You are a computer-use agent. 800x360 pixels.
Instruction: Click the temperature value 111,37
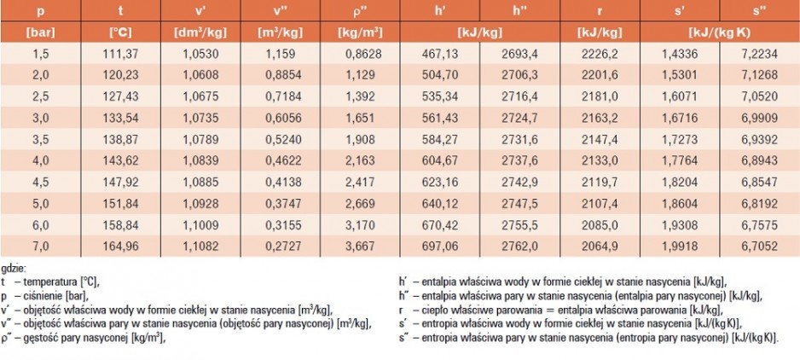pyautogui.click(x=120, y=54)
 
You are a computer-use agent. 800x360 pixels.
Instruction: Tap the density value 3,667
pyautogui.click(x=360, y=247)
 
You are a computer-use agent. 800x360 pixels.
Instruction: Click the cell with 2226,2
pyautogui.click(x=600, y=54)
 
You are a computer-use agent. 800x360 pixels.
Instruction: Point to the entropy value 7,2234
pyautogui.click(x=759, y=54)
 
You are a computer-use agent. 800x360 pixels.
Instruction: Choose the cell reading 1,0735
pyautogui.click(x=200, y=118)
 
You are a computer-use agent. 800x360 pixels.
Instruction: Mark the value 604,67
pyautogui.click(x=440, y=161)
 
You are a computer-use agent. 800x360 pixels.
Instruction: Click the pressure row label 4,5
pyautogui.click(x=41, y=183)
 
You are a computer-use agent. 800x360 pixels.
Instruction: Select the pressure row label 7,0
pyautogui.click(x=41, y=247)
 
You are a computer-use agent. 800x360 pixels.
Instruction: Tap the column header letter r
pyautogui.click(x=600, y=11)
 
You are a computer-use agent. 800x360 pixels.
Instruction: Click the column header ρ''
pyautogui.click(x=360, y=11)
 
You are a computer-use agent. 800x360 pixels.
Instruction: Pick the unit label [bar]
pyautogui.click(x=40, y=32)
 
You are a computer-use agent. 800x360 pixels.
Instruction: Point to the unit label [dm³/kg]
pyautogui.click(x=200, y=32)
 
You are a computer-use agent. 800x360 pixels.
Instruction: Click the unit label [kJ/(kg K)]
pyautogui.click(x=719, y=32)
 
